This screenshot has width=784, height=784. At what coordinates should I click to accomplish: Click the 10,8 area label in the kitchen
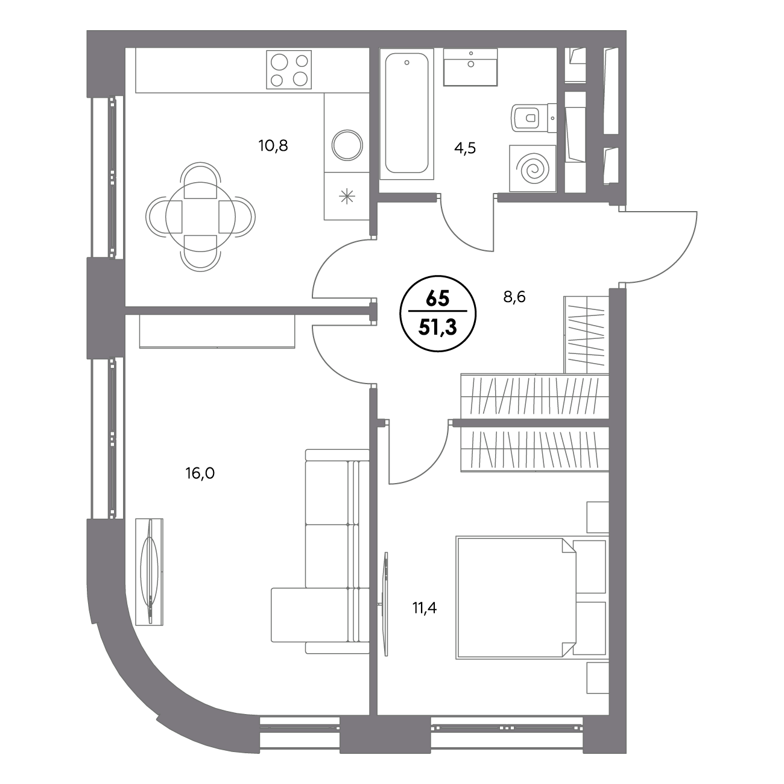[273, 145]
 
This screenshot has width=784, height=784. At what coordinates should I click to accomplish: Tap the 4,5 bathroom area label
[465, 148]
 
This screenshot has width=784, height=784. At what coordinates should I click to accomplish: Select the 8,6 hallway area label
[514, 297]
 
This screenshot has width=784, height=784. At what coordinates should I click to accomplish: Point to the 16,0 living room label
[200, 473]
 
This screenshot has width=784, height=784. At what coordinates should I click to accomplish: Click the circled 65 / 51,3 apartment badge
[438, 313]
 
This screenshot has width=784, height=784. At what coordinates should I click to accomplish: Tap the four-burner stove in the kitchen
[289, 69]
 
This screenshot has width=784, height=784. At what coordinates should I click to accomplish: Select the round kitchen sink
[347, 145]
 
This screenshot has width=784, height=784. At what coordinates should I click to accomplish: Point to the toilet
[533, 118]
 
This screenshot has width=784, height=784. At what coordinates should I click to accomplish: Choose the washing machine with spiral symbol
[533, 168]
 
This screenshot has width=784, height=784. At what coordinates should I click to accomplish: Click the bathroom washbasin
[470, 67]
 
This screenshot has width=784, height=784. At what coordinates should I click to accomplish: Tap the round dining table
[200, 217]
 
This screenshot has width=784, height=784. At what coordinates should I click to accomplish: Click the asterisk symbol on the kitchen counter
[347, 197]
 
